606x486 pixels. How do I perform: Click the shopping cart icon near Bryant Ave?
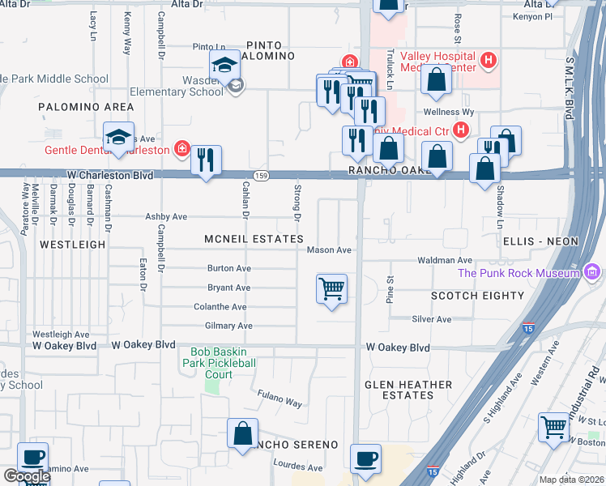pyautogui.click(x=332, y=288)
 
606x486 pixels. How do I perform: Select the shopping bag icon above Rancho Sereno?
pyautogui.click(x=243, y=433)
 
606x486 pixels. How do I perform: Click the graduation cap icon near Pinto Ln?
pyautogui.click(x=224, y=65)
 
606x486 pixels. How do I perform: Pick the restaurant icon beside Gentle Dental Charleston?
pyautogui.click(x=207, y=160)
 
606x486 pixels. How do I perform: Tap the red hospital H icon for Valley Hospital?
pyautogui.click(x=488, y=60)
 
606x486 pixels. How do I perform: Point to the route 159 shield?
pyautogui.click(x=261, y=175)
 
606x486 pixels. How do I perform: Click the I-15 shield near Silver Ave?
pyautogui.click(x=527, y=328)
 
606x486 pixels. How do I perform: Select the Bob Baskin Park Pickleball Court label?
pyautogui.click(x=223, y=363)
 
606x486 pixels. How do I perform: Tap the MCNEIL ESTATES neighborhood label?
pyautogui.click(x=254, y=239)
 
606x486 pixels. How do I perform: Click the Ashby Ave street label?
pyautogui.click(x=165, y=217)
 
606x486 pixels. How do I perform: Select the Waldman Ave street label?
pyautogui.click(x=445, y=260)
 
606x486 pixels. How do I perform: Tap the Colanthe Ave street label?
pyautogui.click(x=220, y=307)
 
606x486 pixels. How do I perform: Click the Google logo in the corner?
pyautogui.click(x=26, y=476)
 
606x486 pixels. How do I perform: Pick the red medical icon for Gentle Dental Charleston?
pyautogui.click(x=182, y=150)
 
